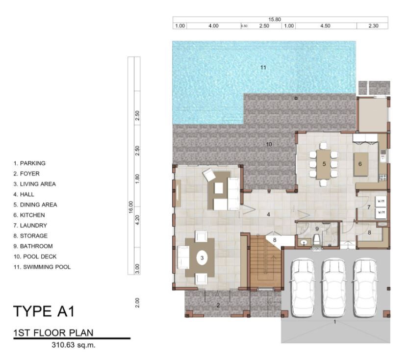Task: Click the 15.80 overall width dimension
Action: click(275, 19)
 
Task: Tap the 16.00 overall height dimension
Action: click(130, 207)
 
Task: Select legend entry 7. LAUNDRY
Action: click(30, 226)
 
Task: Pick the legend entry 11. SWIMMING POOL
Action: click(42, 267)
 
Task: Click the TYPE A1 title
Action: click(44, 311)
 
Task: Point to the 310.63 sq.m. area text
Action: click(74, 345)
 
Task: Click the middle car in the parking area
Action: click(334, 287)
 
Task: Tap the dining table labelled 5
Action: click(324, 164)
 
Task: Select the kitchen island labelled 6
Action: click(360, 164)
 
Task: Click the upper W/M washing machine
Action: click(381, 202)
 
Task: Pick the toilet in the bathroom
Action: click(317, 239)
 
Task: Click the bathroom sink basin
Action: click(304, 243)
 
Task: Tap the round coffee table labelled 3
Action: click(202, 258)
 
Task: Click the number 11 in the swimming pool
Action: click(263, 68)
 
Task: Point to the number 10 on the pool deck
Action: click(269, 144)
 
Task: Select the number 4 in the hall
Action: click(268, 214)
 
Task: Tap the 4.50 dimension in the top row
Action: click(325, 26)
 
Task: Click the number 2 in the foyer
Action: click(218, 305)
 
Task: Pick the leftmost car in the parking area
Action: click(303, 287)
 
